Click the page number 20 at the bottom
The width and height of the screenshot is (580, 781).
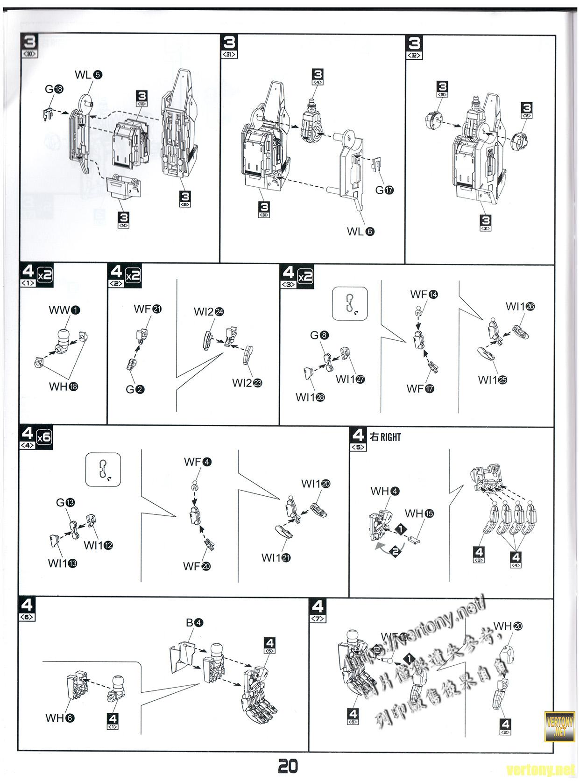tap(288, 766)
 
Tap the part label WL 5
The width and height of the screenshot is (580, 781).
tap(88, 75)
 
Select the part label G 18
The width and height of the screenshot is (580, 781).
tap(54, 89)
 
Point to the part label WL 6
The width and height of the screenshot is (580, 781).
tap(360, 231)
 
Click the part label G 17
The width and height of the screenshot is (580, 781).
tap(384, 190)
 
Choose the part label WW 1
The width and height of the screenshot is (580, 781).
tap(64, 310)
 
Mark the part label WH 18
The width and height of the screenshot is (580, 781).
tap(64, 387)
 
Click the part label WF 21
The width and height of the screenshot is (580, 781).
tap(148, 309)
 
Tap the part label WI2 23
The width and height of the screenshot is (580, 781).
tap(247, 383)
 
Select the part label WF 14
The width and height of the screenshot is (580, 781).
tap(424, 294)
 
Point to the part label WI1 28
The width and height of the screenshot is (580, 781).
tap(310, 397)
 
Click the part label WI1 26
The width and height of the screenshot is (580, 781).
tap(520, 307)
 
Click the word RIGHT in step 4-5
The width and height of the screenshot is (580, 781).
tap(390, 437)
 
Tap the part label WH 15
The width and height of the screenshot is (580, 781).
tap(419, 514)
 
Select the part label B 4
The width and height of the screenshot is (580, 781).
tap(194, 622)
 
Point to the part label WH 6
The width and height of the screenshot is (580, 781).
tap(60, 718)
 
